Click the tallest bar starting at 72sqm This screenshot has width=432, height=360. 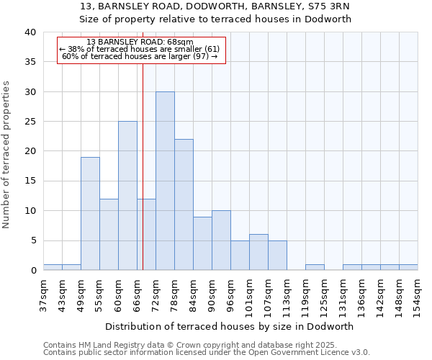point(165,181)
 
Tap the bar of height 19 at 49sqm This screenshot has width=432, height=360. point(90,214)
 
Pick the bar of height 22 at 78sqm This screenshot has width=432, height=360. point(184,204)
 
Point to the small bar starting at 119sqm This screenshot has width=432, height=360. point(315,267)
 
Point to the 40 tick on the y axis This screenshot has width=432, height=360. point(30,32)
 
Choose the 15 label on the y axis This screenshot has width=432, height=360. point(30,181)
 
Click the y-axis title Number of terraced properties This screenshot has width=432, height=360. point(6,154)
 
